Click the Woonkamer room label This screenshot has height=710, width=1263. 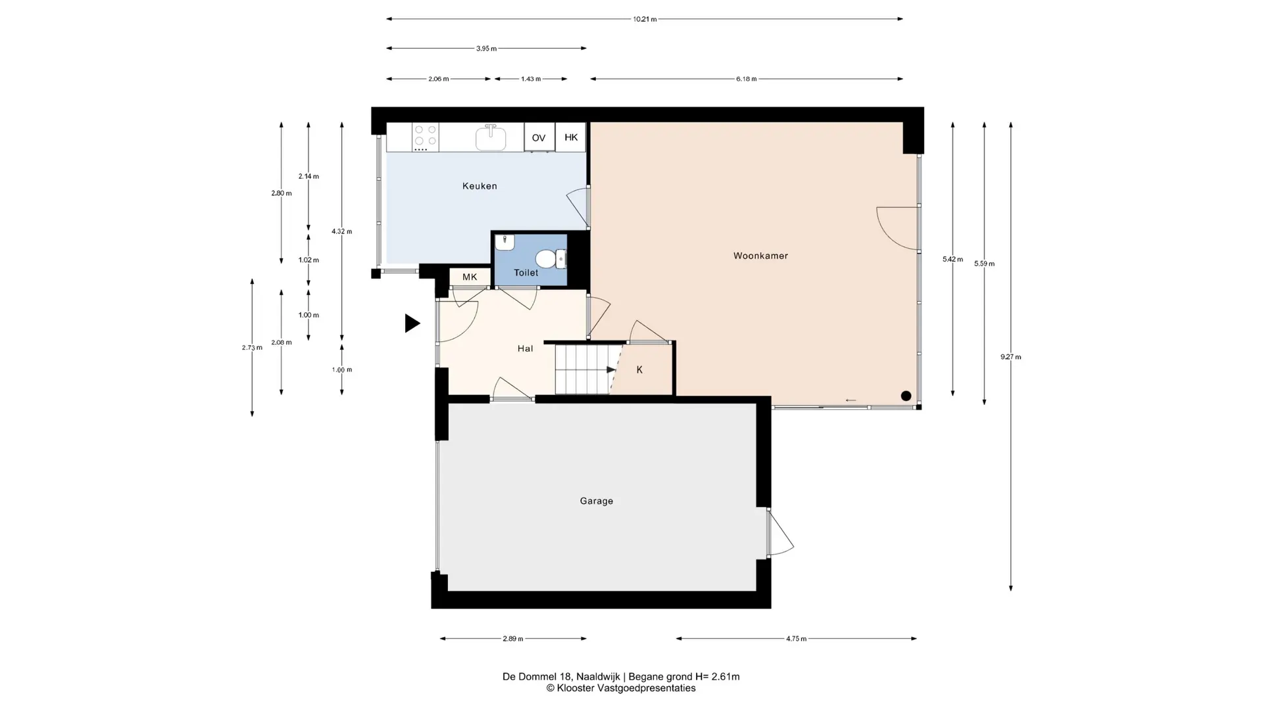point(760,256)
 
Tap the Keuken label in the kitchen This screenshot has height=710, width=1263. point(480,186)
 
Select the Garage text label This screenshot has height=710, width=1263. point(597,501)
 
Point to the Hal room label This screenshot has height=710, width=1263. point(525,348)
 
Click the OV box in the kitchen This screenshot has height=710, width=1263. point(539,137)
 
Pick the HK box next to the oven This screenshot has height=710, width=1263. point(570,137)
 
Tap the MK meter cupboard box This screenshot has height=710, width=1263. point(470,277)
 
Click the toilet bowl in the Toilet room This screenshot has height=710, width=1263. point(551,259)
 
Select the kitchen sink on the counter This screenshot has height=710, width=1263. point(491,137)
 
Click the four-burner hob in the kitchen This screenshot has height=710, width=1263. point(425,136)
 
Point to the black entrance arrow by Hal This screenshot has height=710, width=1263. point(412,323)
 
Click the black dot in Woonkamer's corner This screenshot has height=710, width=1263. point(906,396)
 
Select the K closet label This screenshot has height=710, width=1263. point(639,370)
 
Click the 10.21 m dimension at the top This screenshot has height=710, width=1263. point(645,19)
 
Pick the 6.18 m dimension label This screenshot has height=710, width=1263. point(746,79)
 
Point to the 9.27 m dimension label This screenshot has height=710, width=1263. point(1011,357)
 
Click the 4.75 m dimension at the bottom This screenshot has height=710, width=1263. point(796,638)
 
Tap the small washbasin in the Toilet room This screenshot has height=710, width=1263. point(504,243)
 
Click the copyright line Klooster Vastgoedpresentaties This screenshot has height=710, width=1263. point(621,688)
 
